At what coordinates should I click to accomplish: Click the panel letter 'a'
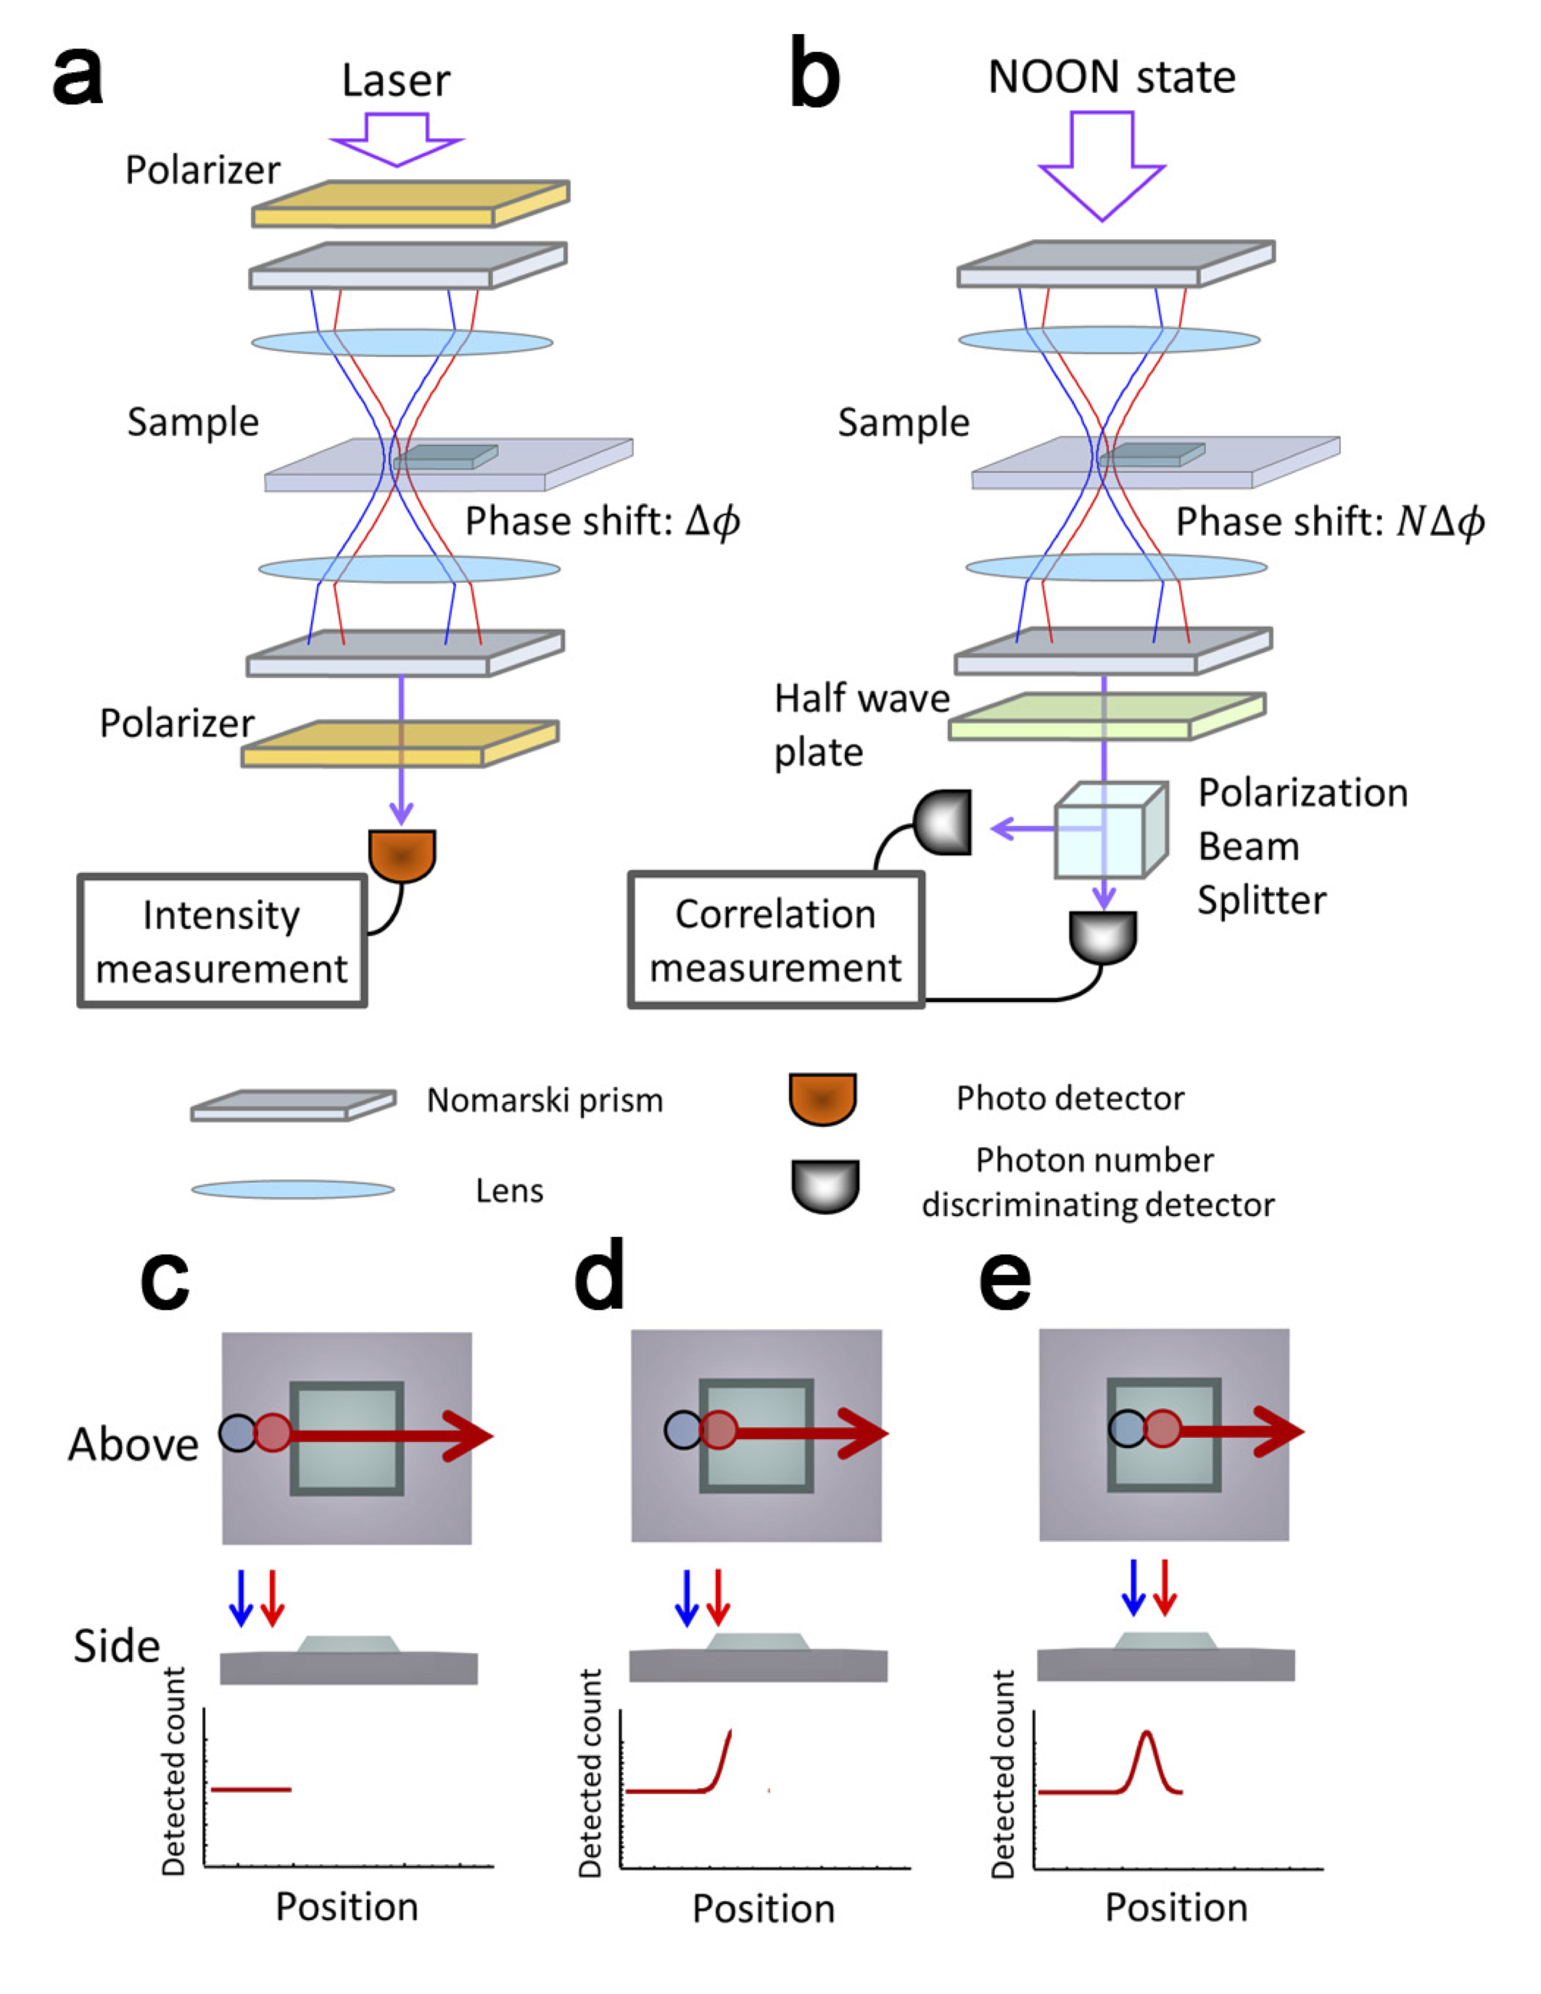[x=78, y=77]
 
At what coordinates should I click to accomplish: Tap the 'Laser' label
[x=396, y=80]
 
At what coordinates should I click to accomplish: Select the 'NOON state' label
[x=1112, y=77]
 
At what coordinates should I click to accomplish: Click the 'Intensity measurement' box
[x=222, y=940]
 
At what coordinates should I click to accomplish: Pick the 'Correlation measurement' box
[x=776, y=940]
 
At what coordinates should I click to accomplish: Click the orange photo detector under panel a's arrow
[x=402, y=856]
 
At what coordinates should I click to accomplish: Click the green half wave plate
[x=1107, y=716]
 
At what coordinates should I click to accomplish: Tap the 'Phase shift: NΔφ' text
[x=1330, y=522]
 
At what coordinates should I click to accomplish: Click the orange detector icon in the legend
[x=822, y=1099]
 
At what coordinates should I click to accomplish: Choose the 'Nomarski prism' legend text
[x=545, y=1101]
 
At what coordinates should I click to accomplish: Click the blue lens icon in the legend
[x=293, y=1190]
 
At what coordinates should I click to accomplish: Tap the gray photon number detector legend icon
[x=825, y=1186]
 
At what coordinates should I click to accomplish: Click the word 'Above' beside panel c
[x=133, y=1444]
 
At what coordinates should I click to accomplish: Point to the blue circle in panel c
[x=237, y=1433]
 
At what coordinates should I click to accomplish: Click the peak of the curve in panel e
[x=1147, y=1732]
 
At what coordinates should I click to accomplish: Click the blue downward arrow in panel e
[x=1133, y=1589]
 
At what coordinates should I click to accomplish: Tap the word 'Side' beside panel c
[x=117, y=1646]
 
